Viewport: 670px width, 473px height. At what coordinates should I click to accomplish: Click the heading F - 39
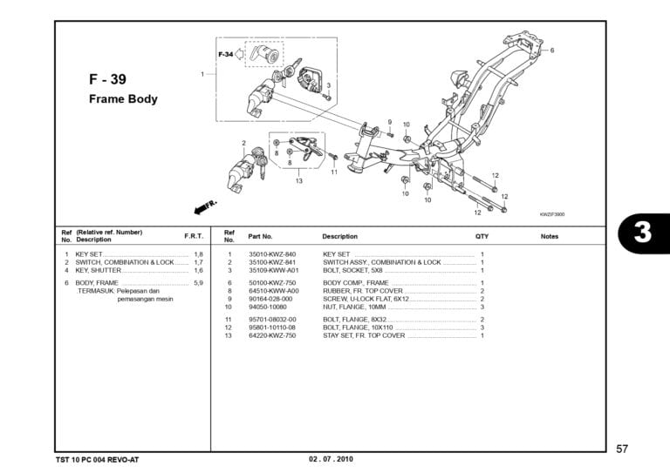point(107,79)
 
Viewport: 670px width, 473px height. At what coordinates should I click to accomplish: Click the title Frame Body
point(123,98)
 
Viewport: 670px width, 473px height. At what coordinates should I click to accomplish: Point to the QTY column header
point(482,236)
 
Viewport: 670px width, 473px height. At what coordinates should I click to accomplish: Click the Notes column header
point(549,236)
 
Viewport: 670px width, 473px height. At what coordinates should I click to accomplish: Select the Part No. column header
point(260,236)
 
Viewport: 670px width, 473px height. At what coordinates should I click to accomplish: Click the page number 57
point(621,449)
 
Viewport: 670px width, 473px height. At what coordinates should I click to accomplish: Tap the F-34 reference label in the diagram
point(226,55)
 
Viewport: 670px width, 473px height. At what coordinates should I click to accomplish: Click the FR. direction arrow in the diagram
point(205,206)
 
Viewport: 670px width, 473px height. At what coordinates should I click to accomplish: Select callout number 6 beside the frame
point(551,51)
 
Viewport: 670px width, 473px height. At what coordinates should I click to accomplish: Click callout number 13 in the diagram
point(298,181)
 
